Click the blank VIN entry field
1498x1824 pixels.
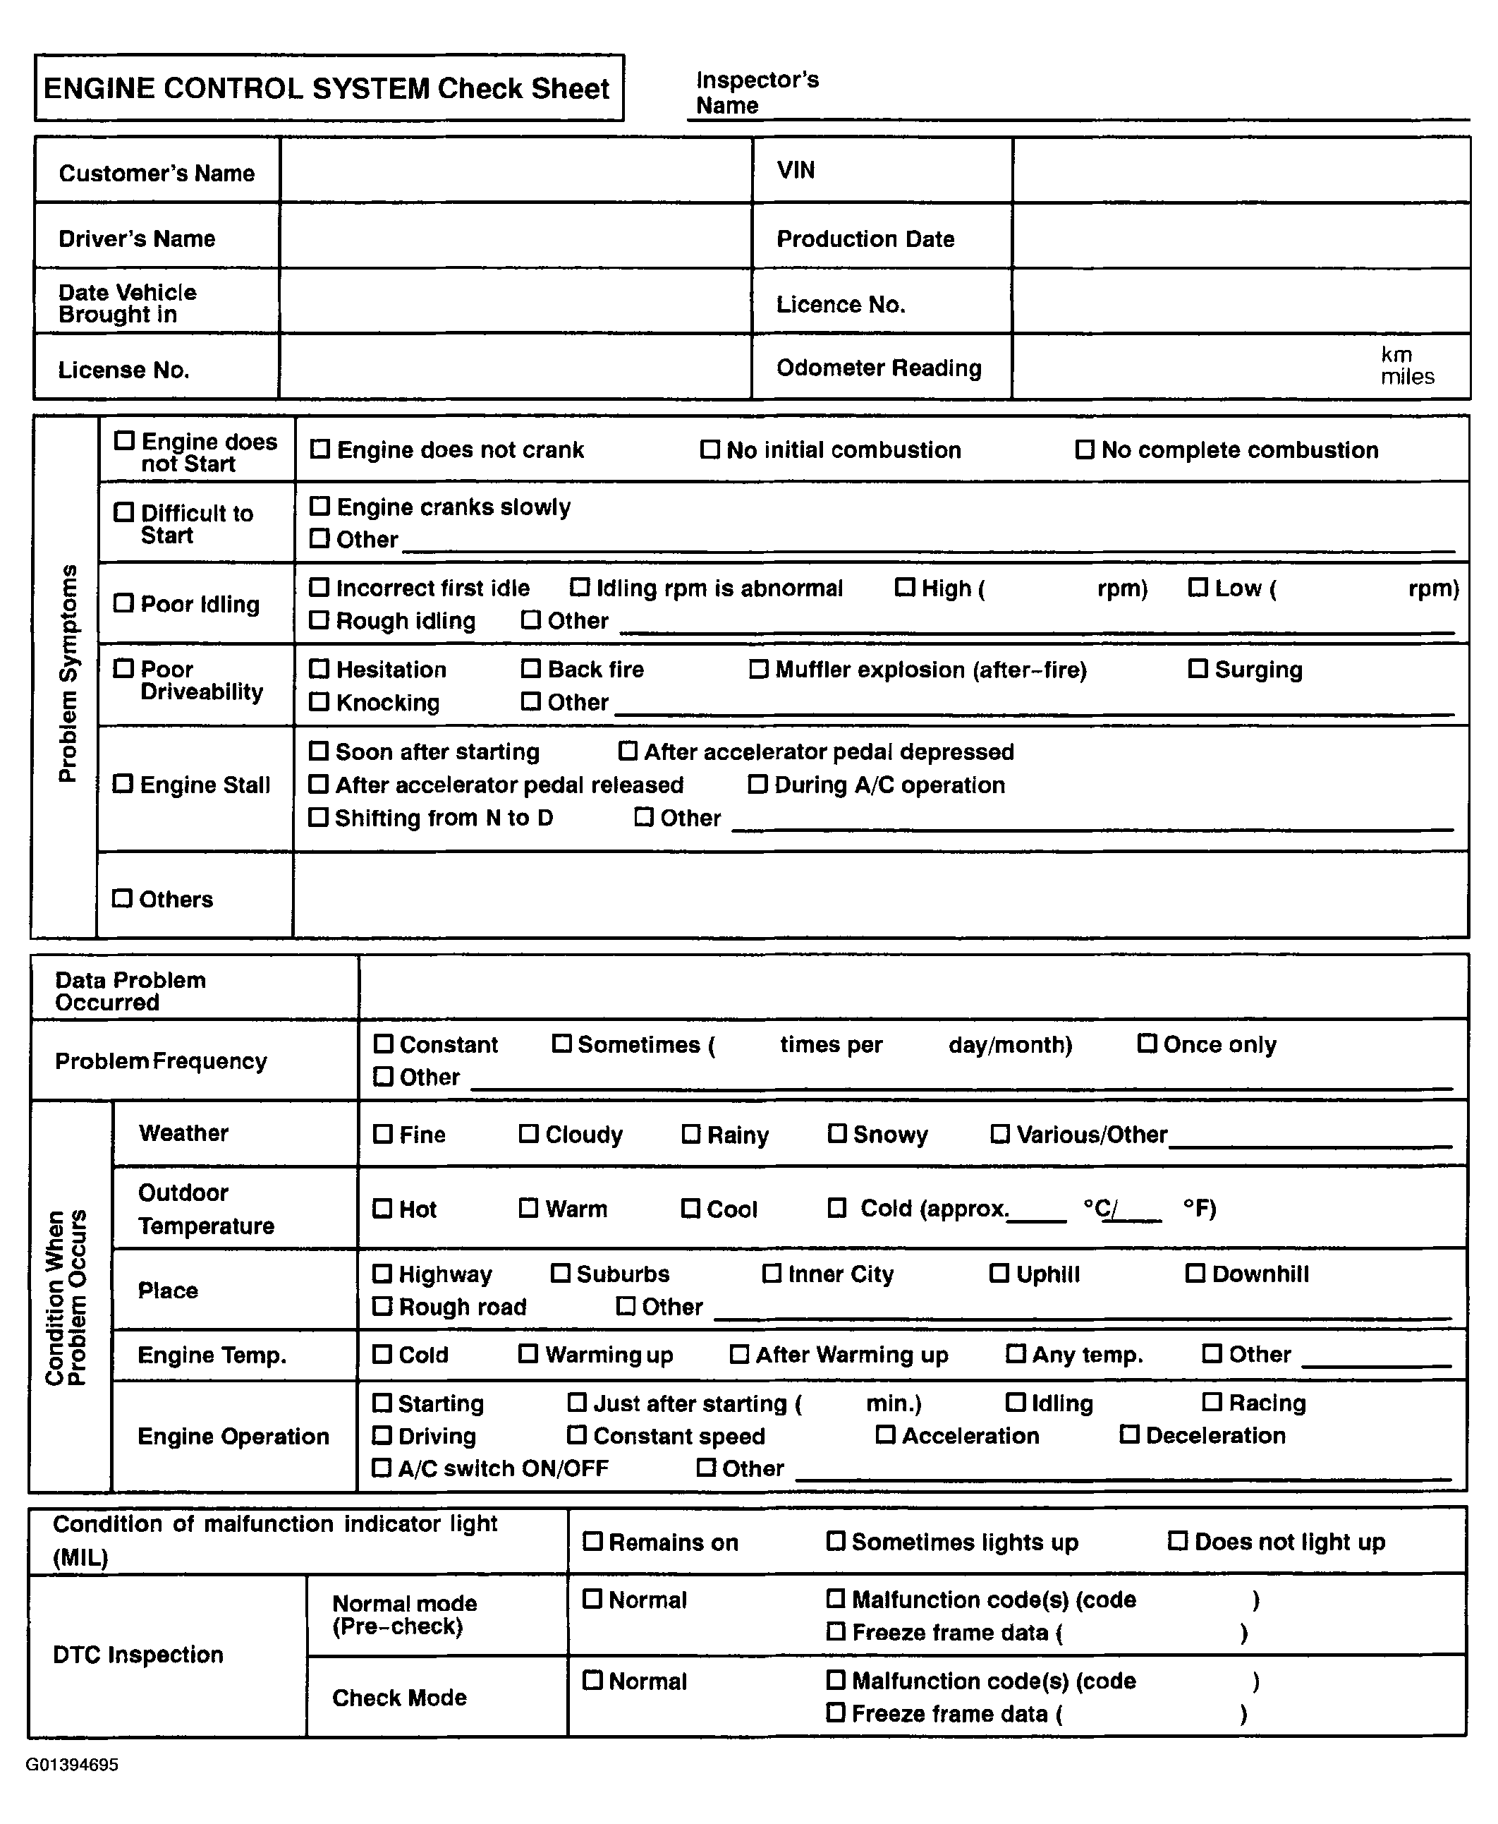(x=1240, y=171)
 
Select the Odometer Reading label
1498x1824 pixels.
(x=879, y=368)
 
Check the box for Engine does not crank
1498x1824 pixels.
(x=320, y=449)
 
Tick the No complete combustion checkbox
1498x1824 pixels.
(x=1085, y=449)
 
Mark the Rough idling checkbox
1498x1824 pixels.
(x=319, y=620)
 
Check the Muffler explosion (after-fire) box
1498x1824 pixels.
(x=758, y=669)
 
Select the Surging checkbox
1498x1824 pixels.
(x=1198, y=669)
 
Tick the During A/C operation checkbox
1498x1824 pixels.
(x=757, y=785)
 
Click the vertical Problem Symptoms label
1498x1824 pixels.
(x=67, y=673)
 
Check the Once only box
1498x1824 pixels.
(x=1147, y=1044)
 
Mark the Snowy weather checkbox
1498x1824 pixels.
(x=837, y=1133)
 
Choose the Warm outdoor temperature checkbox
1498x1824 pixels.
(x=528, y=1209)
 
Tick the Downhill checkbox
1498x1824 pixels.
(x=1195, y=1273)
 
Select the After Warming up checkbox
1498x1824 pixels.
(x=740, y=1354)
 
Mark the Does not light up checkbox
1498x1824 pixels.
(x=1178, y=1541)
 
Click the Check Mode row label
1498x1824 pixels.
(x=399, y=1697)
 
